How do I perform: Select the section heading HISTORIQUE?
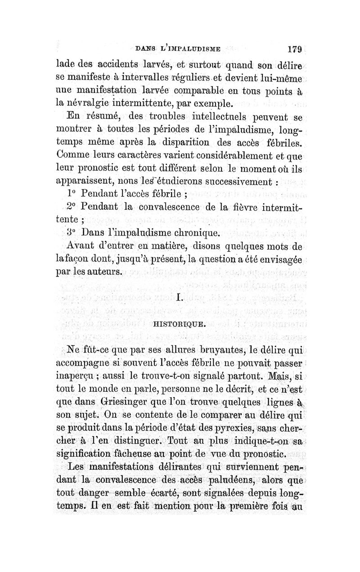pyautogui.click(x=180, y=323)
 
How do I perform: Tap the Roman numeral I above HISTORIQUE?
pyautogui.click(x=180, y=297)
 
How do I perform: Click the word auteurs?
pyautogui.click(x=103, y=272)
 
